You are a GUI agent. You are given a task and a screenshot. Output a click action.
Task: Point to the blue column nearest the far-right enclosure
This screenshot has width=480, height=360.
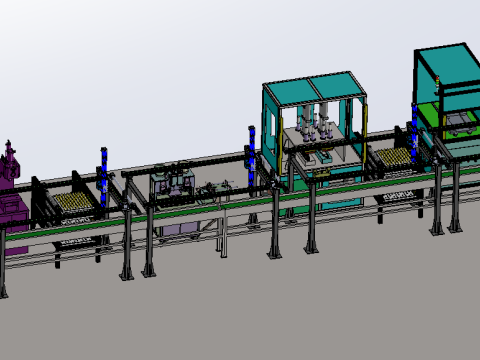pos(412,130)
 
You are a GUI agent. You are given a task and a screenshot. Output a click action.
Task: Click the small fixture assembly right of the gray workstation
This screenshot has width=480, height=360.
pos(214,189)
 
